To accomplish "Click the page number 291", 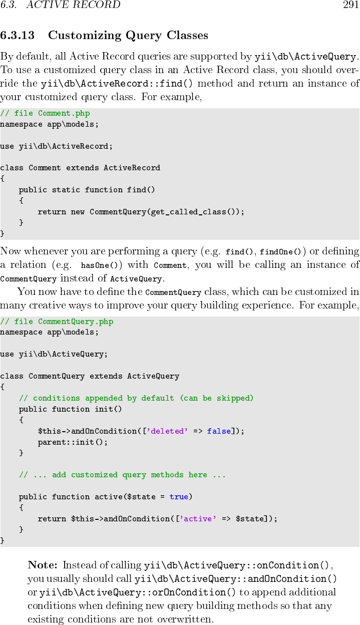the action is click(350, 6).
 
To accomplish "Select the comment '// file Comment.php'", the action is click(45, 114).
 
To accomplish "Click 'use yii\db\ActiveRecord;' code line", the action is click(56, 146).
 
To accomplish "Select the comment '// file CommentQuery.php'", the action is click(57, 322).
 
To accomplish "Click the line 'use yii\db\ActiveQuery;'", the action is click(54, 354).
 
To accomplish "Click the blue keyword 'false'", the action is click(219, 431).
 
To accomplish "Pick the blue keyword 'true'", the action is click(179, 497).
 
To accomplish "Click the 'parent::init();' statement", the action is click(73, 442).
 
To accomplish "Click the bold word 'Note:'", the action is click(43, 565).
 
